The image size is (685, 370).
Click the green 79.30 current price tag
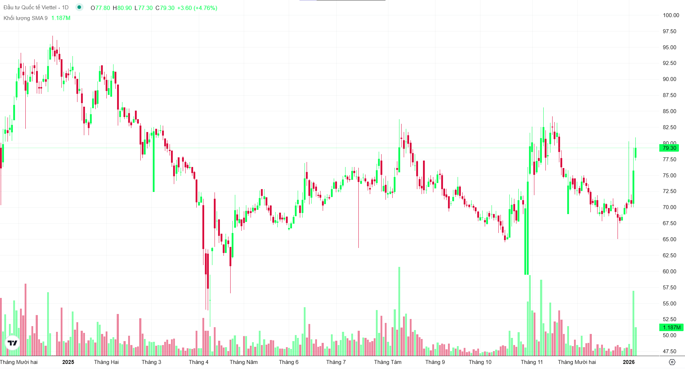[x=669, y=148]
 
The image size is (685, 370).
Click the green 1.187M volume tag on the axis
[x=671, y=328]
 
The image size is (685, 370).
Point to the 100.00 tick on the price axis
[x=671, y=15]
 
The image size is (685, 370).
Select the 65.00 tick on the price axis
[x=669, y=239]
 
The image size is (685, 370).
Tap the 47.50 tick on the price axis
[x=669, y=351]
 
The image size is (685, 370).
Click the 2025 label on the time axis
[x=68, y=362]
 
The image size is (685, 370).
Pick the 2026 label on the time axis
[x=629, y=362]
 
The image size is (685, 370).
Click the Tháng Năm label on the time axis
[x=243, y=362]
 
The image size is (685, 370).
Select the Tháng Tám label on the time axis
[x=388, y=362]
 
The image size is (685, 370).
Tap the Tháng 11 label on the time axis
[x=532, y=362]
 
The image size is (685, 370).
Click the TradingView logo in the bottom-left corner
[x=12, y=343]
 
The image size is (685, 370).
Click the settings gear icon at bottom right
[x=672, y=362]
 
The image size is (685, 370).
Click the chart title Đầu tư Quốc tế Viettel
[x=30, y=7]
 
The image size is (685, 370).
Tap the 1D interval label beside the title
[x=65, y=7]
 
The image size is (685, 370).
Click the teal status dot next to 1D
[x=79, y=7]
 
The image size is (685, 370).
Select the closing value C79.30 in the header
[x=165, y=8]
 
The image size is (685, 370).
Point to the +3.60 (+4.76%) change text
[x=197, y=8]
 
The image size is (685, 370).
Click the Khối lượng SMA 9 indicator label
[x=25, y=18]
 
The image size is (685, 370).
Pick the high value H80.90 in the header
[x=122, y=8]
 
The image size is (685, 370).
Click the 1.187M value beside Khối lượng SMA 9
[x=61, y=18]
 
